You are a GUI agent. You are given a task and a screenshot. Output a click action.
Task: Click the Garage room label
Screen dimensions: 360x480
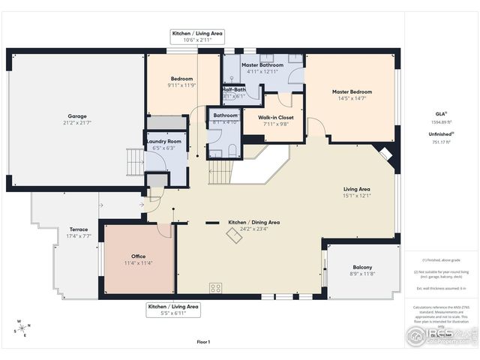tap(76, 116)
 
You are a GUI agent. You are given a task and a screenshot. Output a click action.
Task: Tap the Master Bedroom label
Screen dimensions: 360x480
tap(352, 92)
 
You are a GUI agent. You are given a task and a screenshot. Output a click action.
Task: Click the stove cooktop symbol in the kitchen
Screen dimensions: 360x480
tap(216, 286)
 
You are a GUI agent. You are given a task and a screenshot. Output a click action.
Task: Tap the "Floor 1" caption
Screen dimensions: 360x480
tap(203, 342)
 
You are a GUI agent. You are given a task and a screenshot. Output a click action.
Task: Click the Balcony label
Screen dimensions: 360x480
tap(362, 268)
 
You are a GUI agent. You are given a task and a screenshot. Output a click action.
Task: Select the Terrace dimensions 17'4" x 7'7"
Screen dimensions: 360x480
tap(79, 236)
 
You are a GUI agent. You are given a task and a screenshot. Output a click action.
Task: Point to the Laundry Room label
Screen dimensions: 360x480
tap(164, 141)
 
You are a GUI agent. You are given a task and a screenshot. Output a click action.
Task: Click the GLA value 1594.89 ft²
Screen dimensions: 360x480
tap(440, 121)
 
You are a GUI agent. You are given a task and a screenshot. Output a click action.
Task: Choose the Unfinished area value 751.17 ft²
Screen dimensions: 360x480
tap(440, 142)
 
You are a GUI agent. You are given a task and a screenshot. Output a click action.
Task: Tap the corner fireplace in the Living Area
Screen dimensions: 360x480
tap(385, 154)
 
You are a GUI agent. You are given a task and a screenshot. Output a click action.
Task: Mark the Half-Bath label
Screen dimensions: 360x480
tap(233, 89)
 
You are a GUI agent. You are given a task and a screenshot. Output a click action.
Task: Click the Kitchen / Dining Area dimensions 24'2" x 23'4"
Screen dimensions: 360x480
tap(253, 229)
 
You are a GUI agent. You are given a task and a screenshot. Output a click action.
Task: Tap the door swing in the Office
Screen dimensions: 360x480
tap(165, 230)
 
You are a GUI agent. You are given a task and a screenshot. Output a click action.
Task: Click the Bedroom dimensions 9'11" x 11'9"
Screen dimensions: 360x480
tap(181, 85)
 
